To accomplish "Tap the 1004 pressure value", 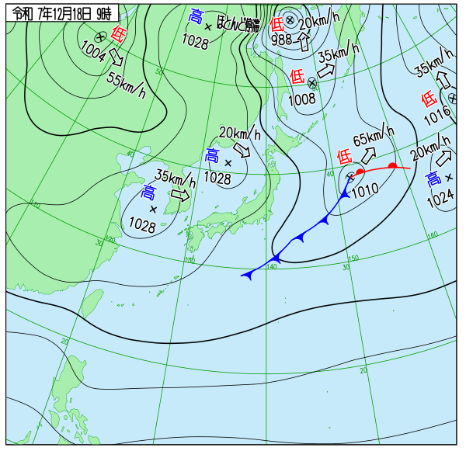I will tap(93, 51).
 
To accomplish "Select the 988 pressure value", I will tap(283, 39).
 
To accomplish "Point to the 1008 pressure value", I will tap(302, 99).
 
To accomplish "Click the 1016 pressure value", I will tap(437, 116).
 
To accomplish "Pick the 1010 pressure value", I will tap(364, 189).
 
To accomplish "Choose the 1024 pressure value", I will tap(440, 198).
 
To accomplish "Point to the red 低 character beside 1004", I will tap(118, 33).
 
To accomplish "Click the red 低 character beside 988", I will tap(276, 23).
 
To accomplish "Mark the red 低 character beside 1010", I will tap(346, 156).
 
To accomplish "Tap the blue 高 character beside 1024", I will tap(433, 180).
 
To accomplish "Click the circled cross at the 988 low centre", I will tap(290, 20).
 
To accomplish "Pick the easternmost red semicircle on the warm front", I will tap(393, 165).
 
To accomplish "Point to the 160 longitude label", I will tap(433, 234).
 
